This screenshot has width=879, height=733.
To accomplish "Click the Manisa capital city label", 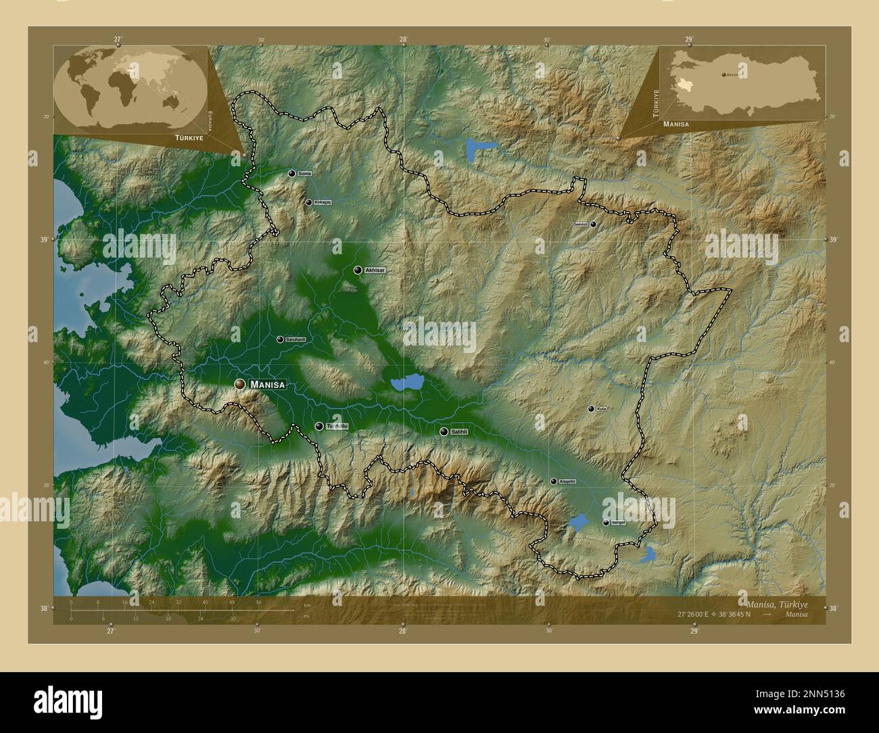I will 268,385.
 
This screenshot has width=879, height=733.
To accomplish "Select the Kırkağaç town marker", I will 309,202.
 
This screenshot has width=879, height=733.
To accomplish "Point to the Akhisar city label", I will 375,270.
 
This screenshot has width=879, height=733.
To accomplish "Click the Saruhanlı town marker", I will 280,339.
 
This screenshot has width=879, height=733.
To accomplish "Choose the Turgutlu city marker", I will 319,427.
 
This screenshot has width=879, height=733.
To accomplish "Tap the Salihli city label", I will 460,431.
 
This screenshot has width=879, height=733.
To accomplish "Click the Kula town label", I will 601,409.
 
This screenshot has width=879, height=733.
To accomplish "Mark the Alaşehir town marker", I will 554,481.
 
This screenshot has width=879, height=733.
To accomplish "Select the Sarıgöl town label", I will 619,523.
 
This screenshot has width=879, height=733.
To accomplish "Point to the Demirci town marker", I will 593,224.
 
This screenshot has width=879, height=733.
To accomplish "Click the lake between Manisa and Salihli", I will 406,383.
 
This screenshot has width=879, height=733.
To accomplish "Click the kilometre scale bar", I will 183,610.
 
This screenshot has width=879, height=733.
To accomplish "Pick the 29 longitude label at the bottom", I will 694,631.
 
